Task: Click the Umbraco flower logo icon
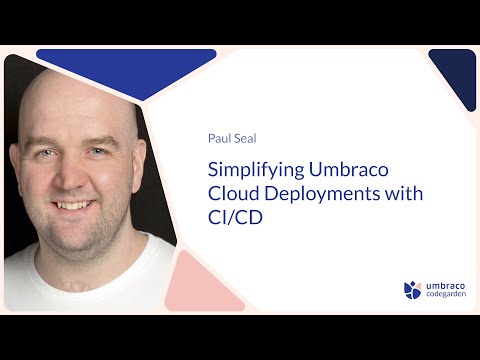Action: pos(413,290)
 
